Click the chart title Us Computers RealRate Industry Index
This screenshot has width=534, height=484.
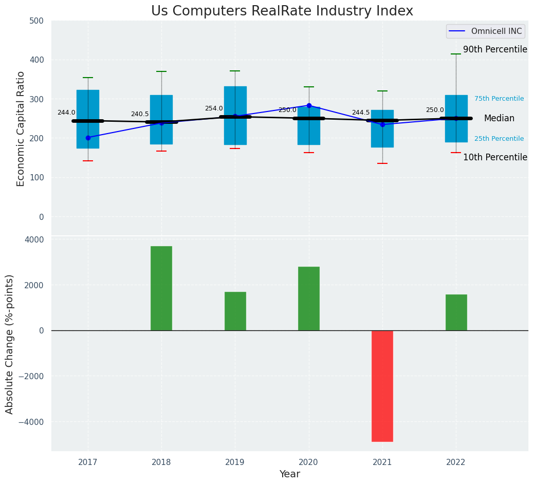pyautogui.click(x=282, y=11)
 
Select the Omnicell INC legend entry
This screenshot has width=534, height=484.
pyautogui.click(x=485, y=31)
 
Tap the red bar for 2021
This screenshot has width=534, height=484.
pyautogui.click(x=382, y=385)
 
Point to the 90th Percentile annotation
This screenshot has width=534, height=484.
pyautogui.click(x=495, y=50)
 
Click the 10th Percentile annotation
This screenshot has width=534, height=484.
pyautogui.click(x=495, y=157)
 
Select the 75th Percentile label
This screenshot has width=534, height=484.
pyautogui.click(x=499, y=99)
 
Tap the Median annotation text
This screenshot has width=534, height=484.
pyautogui.click(x=499, y=119)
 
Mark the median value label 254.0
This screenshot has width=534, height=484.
pyautogui.click(x=214, y=108)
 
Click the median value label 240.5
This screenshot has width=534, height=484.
pyautogui.click(x=140, y=114)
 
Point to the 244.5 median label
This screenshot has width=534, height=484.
pyautogui.click(x=361, y=113)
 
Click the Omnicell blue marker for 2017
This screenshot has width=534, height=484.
pyautogui.click(x=88, y=138)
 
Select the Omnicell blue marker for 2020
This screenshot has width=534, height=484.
pyautogui.click(x=309, y=105)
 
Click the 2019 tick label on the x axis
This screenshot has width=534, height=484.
pyautogui.click(x=235, y=462)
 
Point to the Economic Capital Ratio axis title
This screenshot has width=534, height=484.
pyautogui.click(x=21, y=128)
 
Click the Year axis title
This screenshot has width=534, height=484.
pyautogui.click(x=289, y=474)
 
